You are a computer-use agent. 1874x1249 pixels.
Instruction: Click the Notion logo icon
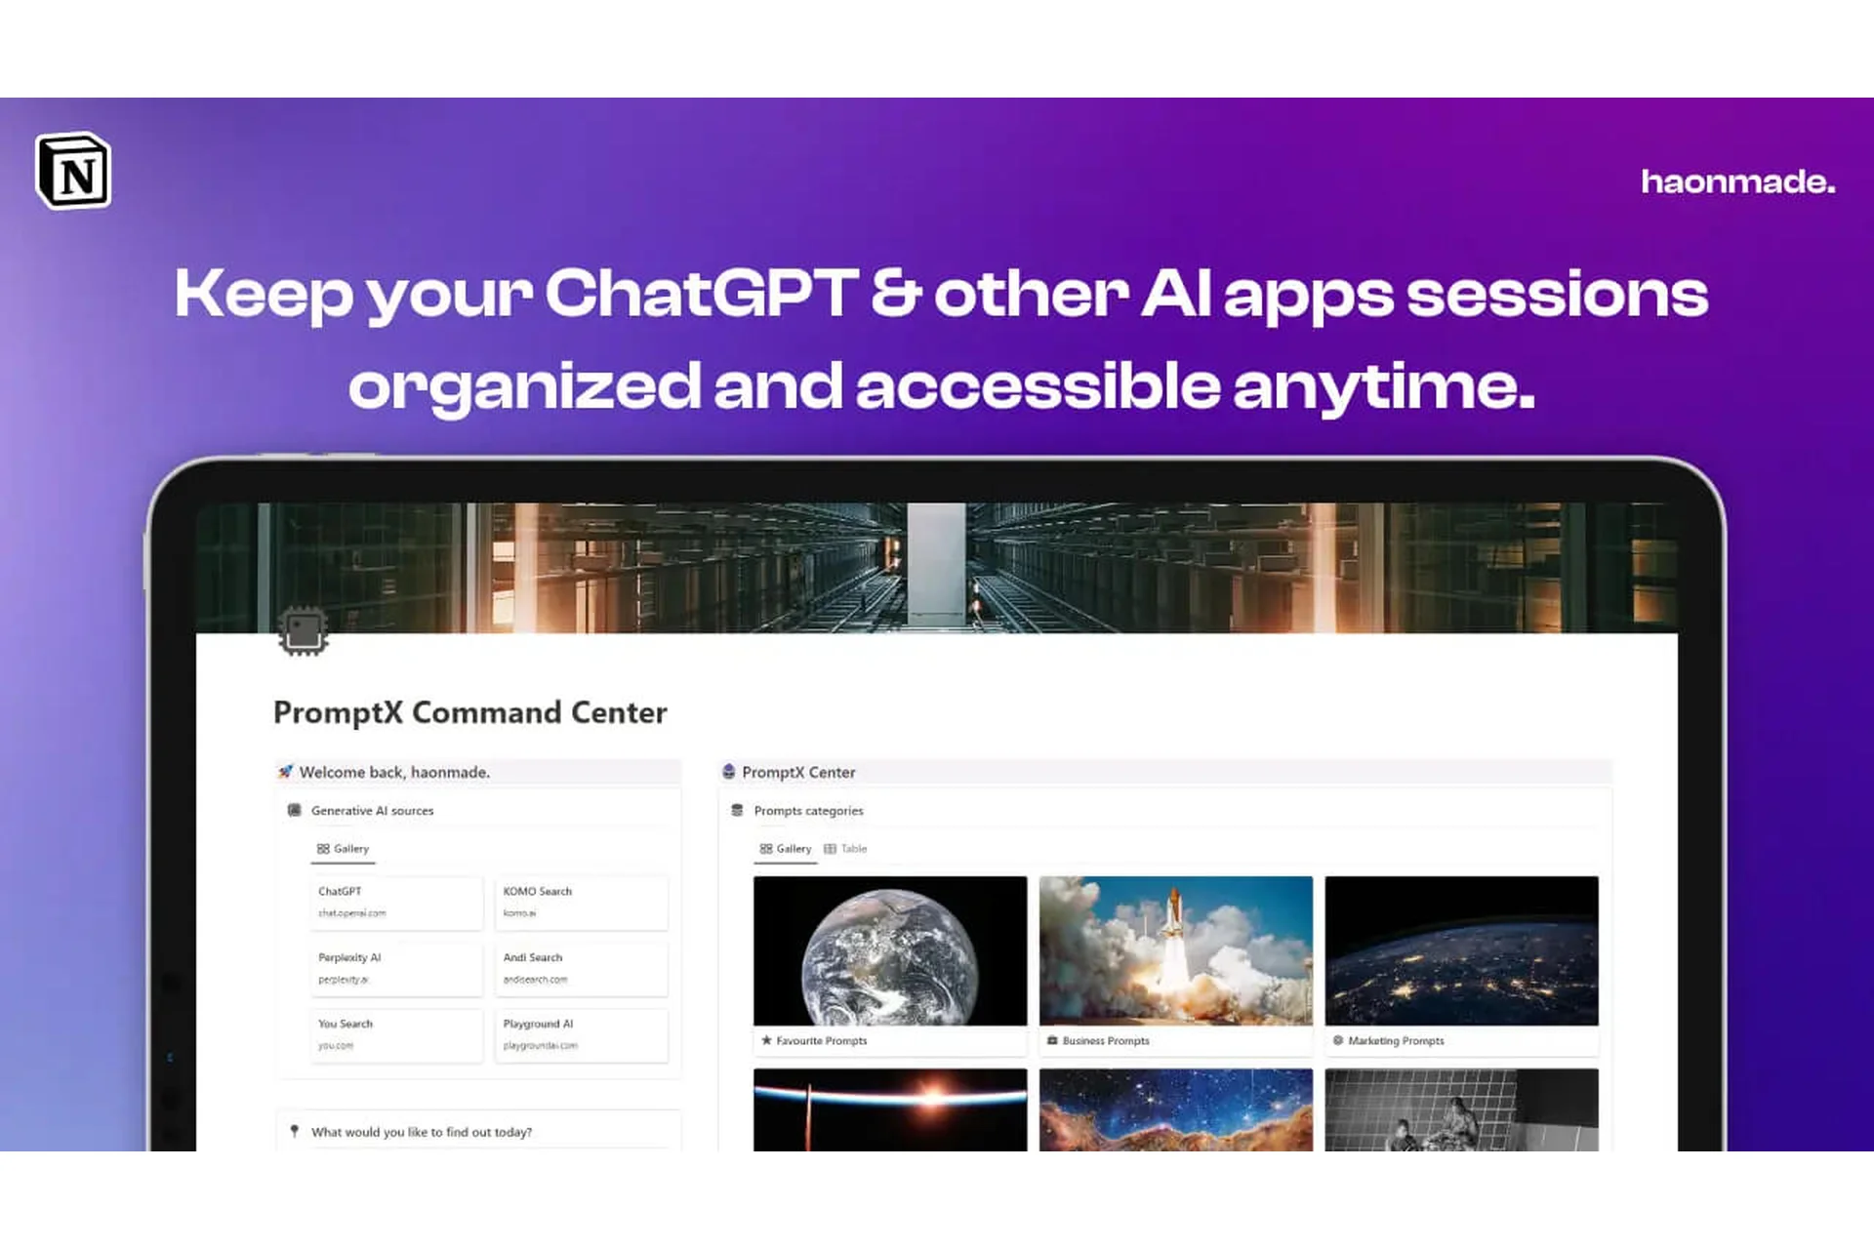[73, 172]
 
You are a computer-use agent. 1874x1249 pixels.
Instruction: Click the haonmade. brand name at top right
[1737, 181]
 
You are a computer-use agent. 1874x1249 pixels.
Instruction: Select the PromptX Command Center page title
[469, 712]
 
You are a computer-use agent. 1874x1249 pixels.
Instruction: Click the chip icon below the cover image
[303, 631]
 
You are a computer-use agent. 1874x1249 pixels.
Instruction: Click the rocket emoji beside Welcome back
[285, 772]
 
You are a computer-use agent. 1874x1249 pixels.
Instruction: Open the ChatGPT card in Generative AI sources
[395, 902]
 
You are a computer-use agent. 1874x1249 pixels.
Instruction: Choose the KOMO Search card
[581, 902]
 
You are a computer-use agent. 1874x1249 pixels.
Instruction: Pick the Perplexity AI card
[395, 968]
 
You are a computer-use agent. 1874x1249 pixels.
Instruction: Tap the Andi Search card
[581, 968]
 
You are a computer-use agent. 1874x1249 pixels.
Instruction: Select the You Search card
[395, 1034]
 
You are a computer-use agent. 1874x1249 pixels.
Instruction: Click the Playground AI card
[581, 1034]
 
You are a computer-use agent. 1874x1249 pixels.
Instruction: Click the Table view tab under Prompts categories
[846, 849]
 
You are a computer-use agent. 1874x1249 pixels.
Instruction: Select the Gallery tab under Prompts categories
[786, 849]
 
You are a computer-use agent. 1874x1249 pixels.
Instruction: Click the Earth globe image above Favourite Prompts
[889, 952]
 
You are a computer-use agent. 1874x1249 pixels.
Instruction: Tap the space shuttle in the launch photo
[1174, 932]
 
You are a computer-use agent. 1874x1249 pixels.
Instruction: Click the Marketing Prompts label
[1395, 1041]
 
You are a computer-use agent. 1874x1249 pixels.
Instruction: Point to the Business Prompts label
[1105, 1041]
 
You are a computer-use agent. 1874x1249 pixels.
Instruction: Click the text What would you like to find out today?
[421, 1132]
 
